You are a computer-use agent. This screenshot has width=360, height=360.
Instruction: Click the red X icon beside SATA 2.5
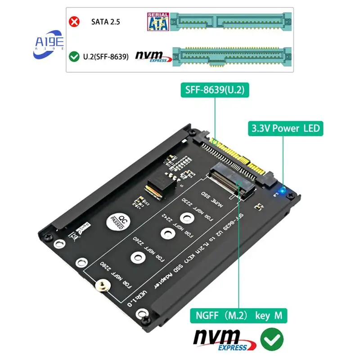pyautogui.click(x=74, y=22)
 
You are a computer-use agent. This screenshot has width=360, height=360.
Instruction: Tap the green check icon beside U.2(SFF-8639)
pyautogui.click(x=74, y=57)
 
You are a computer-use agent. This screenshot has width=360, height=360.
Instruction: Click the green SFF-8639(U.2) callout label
pyautogui.click(x=214, y=90)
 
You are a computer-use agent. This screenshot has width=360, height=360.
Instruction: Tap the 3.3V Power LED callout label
pyautogui.click(x=284, y=129)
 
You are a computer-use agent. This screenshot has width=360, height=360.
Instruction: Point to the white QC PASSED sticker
pyautogui.click(x=117, y=221)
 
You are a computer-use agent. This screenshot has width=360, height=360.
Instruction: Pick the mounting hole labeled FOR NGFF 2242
pyautogui.click(x=167, y=233)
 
